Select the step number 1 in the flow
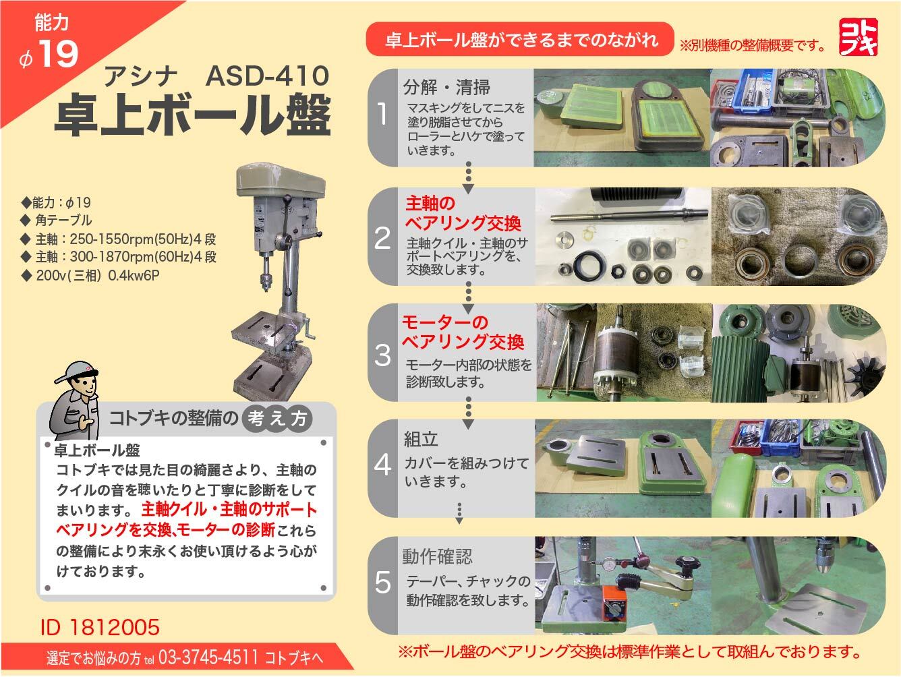click(x=382, y=115)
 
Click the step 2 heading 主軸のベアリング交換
click(x=463, y=212)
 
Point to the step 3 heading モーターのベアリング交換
click(x=463, y=332)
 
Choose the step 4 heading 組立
click(x=421, y=440)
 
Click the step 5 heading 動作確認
click(x=437, y=556)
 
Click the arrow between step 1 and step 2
click(x=468, y=178)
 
